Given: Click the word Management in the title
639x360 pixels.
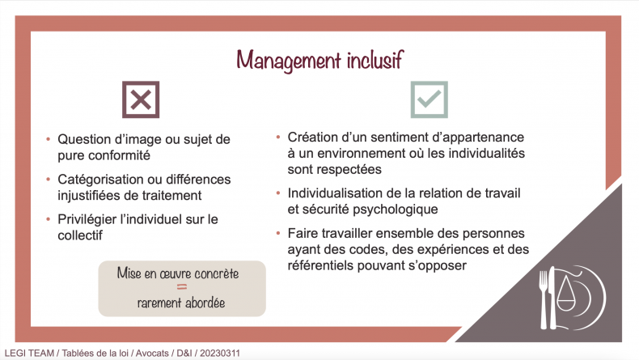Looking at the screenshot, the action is tap(289, 61).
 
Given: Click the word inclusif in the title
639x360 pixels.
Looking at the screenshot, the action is tap(375, 60).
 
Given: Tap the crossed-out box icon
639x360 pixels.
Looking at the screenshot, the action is tap(141, 100).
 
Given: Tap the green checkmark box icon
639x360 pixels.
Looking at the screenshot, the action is tap(430, 100).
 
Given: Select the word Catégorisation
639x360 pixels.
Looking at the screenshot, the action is tap(99, 180).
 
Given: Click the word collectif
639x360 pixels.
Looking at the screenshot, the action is tap(80, 235).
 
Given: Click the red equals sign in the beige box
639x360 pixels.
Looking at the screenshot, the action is tap(182, 287).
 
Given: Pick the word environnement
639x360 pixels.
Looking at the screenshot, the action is tap(370, 153).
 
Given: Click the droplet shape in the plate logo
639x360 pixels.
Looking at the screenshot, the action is tap(565, 294).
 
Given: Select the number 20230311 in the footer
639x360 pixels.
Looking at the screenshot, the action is tap(220, 353).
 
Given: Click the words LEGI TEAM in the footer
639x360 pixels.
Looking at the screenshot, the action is tap(29, 353).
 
